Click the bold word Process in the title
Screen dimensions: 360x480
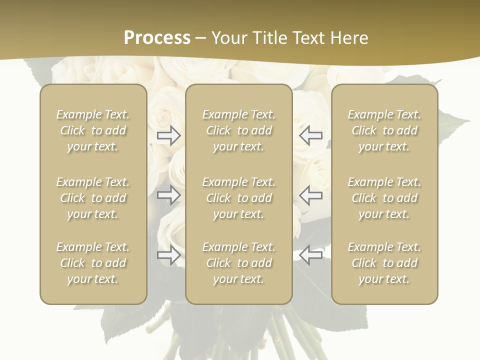point(157,38)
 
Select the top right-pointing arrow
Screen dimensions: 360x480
point(169,135)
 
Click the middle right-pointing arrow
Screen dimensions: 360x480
point(169,195)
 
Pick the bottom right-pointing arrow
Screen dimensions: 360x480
point(169,255)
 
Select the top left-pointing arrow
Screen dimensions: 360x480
point(311,135)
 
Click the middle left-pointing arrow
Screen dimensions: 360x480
point(311,195)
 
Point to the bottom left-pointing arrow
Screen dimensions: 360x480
point(311,255)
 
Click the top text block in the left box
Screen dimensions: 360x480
point(93,130)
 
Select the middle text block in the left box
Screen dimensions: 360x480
point(93,198)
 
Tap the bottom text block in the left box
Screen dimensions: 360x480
point(93,263)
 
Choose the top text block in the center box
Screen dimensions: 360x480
point(238,130)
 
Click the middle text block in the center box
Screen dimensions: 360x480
point(238,198)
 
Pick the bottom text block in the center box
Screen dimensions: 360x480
point(238,263)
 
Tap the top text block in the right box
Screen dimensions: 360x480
point(384,130)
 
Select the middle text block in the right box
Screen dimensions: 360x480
point(384,198)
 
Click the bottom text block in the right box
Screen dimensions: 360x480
point(384,263)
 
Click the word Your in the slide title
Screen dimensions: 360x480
point(228,38)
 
